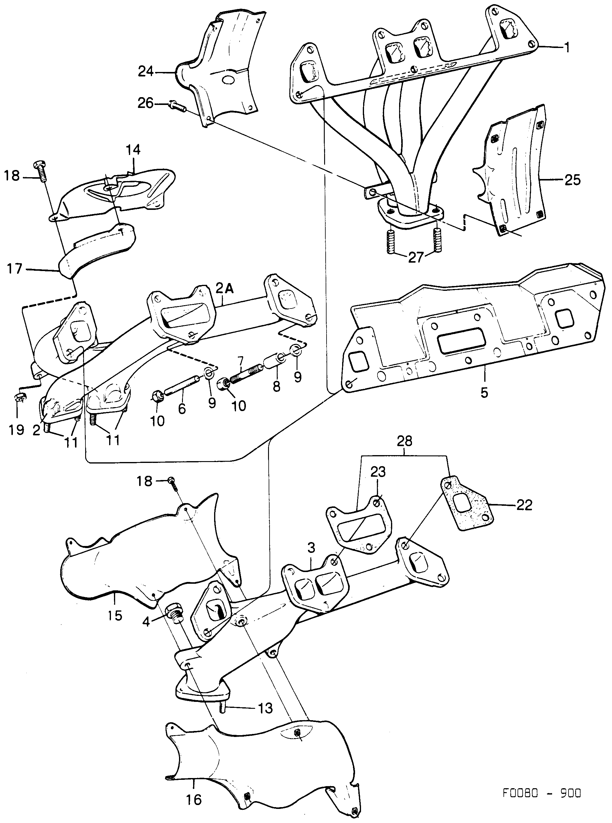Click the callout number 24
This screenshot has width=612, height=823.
click(x=146, y=71)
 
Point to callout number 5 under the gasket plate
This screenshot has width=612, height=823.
click(x=484, y=392)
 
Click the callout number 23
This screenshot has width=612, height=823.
click(x=378, y=472)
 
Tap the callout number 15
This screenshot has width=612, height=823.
click(x=115, y=616)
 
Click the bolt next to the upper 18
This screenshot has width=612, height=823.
click(x=41, y=171)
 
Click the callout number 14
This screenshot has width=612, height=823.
click(x=133, y=150)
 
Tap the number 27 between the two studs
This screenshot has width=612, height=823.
click(x=415, y=257)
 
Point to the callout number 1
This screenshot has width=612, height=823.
click(x=566, y=47)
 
